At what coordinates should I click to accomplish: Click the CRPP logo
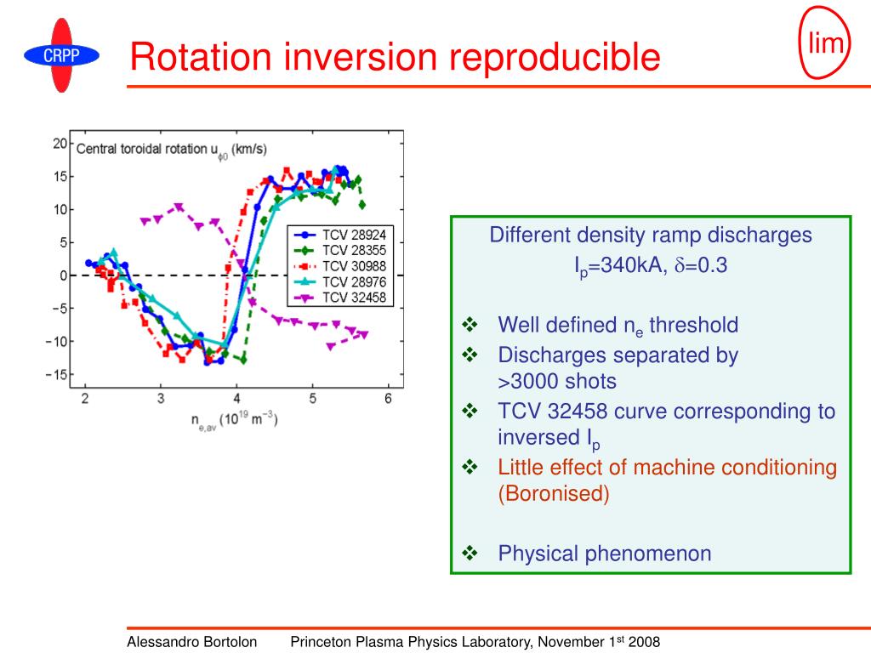pos(61,55)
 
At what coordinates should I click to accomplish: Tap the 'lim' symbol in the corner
pos(824,43)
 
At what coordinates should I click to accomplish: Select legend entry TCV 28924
pos(340,235)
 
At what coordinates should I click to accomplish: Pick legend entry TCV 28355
pos(340,251)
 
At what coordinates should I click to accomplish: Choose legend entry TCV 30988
pos(340,266)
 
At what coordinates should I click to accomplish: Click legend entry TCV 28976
pos(340,282)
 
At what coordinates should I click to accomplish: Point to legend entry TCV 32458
pos(340,298)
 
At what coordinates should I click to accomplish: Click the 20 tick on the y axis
pos(60,143)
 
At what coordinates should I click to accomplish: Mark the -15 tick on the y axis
pos(57,374)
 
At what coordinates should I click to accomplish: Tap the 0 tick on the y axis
pos(63,275)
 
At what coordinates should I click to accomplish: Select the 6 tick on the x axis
pos(388,398)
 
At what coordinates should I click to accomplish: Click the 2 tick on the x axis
pos(85,398)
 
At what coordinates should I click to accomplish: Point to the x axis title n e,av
pos(235,421)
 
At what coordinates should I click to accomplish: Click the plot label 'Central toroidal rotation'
pos(141,149)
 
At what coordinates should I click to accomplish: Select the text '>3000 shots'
pos(557,382)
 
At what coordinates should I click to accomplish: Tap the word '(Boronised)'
pos(554,494)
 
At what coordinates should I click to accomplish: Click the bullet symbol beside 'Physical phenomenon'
pos(470,553)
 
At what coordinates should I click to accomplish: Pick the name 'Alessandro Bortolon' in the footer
pos(191,642)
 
